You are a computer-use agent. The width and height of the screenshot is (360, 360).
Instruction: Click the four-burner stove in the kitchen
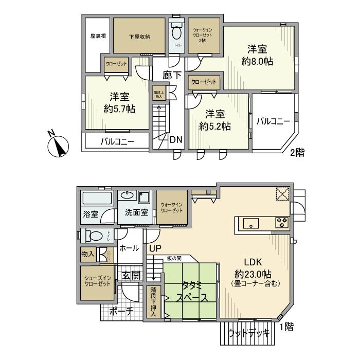[282, 223]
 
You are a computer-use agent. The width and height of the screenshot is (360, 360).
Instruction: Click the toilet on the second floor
[176, 34]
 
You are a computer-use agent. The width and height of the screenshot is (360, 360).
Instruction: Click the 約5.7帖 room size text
[119, 103]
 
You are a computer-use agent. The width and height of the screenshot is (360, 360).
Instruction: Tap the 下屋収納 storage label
[139, 37]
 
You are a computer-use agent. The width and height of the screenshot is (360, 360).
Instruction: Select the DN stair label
[175, 139]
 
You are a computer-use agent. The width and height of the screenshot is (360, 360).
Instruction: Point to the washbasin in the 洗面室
[127, 196]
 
